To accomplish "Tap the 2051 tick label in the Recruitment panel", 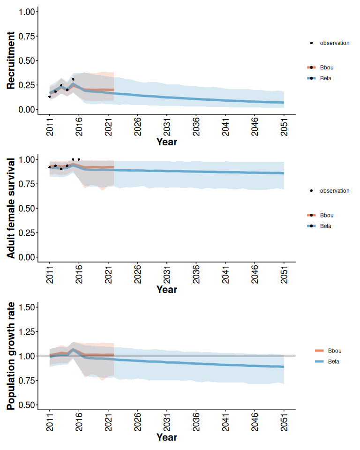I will [284, 126].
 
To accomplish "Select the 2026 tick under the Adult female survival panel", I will [137, 274].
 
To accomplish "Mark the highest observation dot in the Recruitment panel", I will [73, 80].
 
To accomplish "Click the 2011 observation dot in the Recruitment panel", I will [49, 97].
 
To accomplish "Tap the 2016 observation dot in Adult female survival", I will [79, 159].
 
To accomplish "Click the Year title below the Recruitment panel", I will [166, 142].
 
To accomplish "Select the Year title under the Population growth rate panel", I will [166, 437].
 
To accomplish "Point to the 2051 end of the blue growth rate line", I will [284, 367].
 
